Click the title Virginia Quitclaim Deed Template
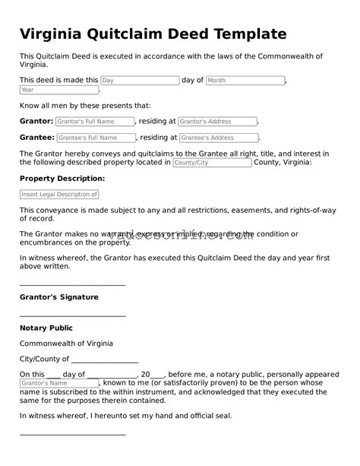click(x=153, y=34)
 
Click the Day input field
click(x=140, y=80)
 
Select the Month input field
click(x=245, y=80)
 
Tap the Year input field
click(x=59, y=90)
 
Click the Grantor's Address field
click(x=218, y=121)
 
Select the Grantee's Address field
click(x=219, y=138)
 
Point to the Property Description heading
click(x=62, y=179)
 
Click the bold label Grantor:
click(x=36, y=121)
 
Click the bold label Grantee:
click(x=36, y=138)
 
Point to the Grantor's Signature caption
click(x=58, y=297)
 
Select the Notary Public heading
click(x=46, y=328)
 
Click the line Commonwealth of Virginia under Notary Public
click(x=66, y=344)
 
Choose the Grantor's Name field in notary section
click(x=59, y=384)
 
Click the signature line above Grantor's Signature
click(x=72, y=284)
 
